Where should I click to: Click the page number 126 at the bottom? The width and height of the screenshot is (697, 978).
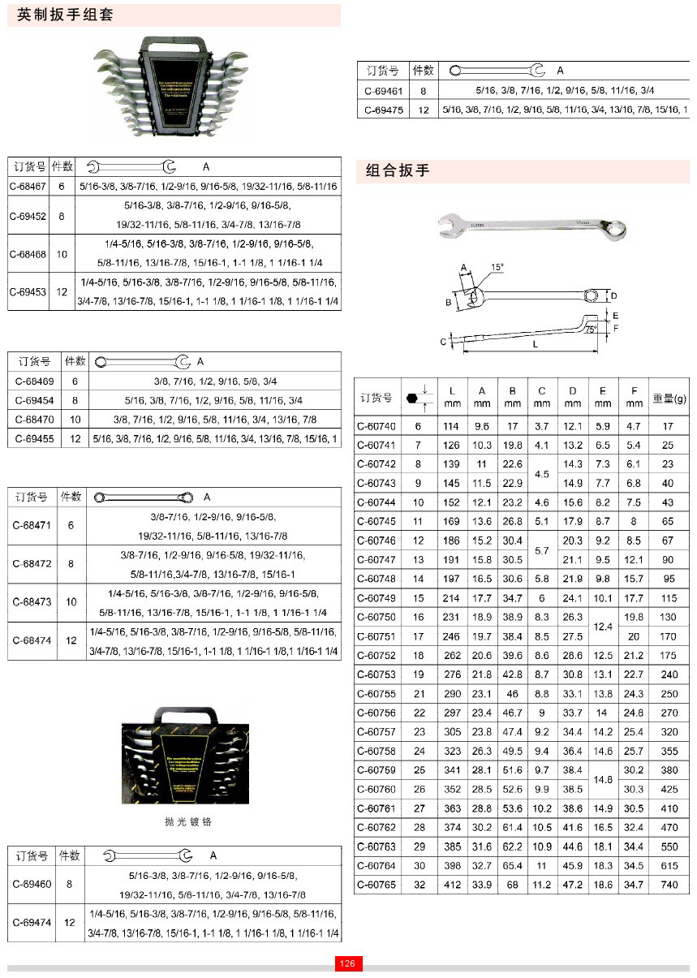348,963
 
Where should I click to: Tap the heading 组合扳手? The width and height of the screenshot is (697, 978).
398,170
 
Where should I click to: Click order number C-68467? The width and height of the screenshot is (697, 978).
28,186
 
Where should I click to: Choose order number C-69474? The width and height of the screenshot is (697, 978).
32,923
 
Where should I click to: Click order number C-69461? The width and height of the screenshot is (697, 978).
382,91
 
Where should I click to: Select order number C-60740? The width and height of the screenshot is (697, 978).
376,426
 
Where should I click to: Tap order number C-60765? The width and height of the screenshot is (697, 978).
376,885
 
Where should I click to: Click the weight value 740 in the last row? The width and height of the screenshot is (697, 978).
669,885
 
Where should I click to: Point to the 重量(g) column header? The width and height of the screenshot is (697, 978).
669,399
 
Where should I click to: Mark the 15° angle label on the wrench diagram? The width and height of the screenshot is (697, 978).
497,267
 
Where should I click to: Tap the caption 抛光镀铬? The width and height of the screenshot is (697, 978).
188,821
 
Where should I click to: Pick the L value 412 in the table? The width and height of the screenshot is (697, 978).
452,885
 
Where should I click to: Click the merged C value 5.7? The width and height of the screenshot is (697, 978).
542,550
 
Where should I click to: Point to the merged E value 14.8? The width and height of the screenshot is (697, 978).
603,779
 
